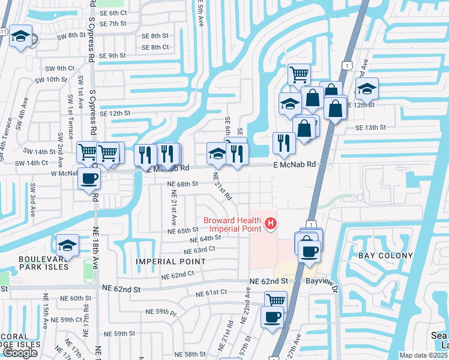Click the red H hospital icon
click(x=271, y=224)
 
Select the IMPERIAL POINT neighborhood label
click(x=171, y=262)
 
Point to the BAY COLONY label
click(x=385, y=256)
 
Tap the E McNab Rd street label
click(x=294, y=164)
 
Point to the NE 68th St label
click(x=183, y=184)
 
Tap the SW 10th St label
click(x=51, y=79)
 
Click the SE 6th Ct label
click(x=113, y=13)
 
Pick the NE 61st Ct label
click(x=211, y=293)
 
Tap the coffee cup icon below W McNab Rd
click(x=89, y=178)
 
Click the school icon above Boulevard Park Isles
click(x=68, y=245)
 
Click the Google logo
click(x=20, y=353)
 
